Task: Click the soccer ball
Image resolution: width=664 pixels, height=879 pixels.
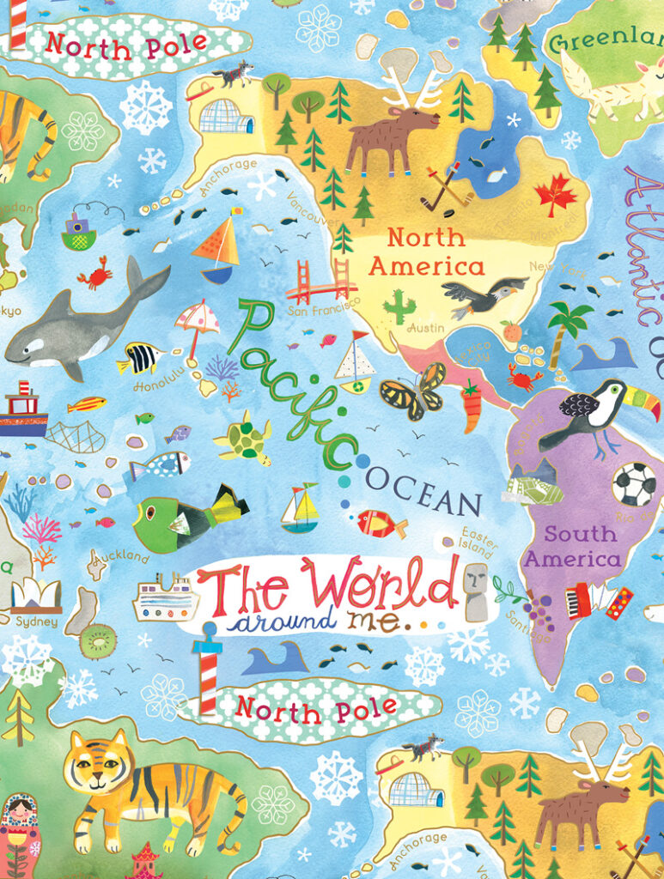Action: [x=633, y=484]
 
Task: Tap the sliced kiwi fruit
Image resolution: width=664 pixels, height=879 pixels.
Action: [x=97, y=640]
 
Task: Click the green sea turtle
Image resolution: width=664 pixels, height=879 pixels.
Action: [x=243, y=437]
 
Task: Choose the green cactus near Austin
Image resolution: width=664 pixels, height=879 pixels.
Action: [x=398, y=305]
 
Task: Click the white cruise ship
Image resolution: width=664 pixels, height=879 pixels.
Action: [x=166, y=598]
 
